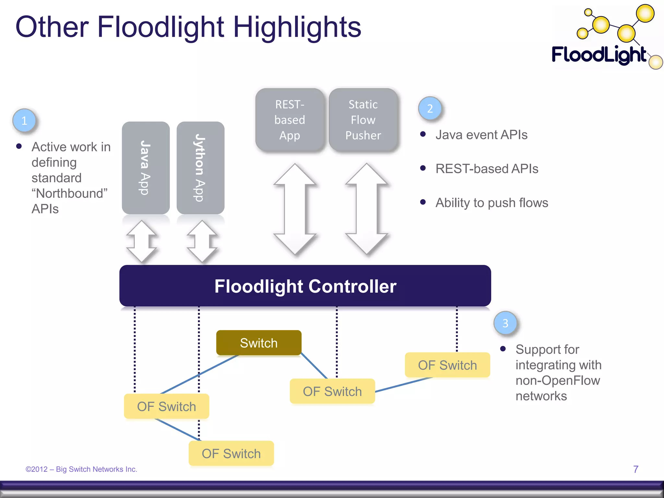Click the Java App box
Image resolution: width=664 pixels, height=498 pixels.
pos(146,168)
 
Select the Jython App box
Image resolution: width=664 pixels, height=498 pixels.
pos(200,168)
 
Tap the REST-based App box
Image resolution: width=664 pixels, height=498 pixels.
pos(290,120)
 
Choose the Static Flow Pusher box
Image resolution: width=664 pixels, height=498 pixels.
pos(363,120)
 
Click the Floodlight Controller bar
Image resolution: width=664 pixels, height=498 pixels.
pos(305,286)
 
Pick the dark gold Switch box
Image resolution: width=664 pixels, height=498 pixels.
pos(259,343)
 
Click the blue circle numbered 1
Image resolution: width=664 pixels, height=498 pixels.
pos(24,121)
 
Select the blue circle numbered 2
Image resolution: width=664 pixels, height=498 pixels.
pos(430,108)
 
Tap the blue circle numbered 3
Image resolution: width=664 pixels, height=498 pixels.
pos(505,323)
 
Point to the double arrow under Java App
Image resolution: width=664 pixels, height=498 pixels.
pos(142,241)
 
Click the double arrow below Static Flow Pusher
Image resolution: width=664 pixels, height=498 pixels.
pos(367,209)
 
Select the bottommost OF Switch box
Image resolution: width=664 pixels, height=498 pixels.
pos(231,453)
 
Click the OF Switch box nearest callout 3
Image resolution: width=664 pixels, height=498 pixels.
pos(447,365)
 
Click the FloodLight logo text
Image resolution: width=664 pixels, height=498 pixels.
pos(599,54)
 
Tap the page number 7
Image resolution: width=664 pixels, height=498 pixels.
pos(635,469)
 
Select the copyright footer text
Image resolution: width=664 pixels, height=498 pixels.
pos(81,469)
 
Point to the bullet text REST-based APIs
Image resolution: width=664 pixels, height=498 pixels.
pos(487,169)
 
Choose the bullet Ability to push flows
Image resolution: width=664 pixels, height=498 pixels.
pos(492,203)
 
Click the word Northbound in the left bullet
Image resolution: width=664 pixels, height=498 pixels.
pos(69,193)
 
